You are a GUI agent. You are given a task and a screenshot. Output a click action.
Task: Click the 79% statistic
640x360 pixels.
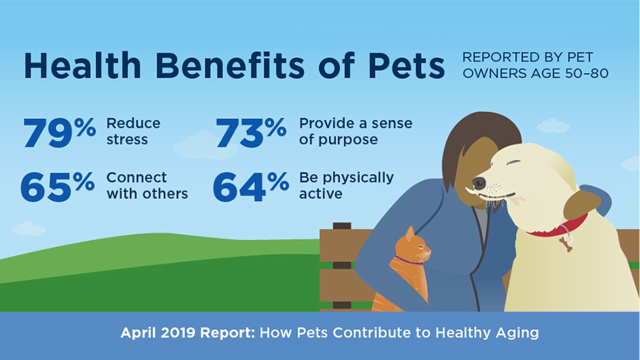point(59,132)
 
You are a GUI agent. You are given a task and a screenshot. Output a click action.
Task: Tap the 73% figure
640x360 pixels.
point(251,132)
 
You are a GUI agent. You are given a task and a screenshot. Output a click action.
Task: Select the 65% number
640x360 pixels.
point(57,186)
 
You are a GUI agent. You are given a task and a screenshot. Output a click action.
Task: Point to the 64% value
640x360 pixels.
point(250,186)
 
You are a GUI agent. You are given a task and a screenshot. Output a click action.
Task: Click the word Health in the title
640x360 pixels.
point(82,65)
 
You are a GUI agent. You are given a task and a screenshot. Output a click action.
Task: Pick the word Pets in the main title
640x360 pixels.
point(407,65)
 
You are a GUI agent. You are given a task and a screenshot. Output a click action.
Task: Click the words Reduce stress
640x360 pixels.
point(133,131)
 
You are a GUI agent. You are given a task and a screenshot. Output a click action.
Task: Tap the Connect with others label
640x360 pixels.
point(147,185)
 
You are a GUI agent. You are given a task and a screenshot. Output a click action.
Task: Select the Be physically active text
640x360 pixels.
point(346,185)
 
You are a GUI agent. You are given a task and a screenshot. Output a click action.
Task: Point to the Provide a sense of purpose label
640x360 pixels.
point(355,131)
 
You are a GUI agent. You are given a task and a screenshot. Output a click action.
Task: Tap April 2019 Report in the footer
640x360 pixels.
point(187,332)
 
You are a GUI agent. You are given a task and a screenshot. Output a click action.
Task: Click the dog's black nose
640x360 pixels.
point(479,182)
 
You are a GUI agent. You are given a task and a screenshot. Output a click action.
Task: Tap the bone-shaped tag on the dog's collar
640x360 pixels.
point(566,244)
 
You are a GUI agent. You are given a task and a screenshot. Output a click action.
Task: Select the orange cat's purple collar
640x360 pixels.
point(408,261)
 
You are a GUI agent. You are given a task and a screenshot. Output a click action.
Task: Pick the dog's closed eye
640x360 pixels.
point(513,162)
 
